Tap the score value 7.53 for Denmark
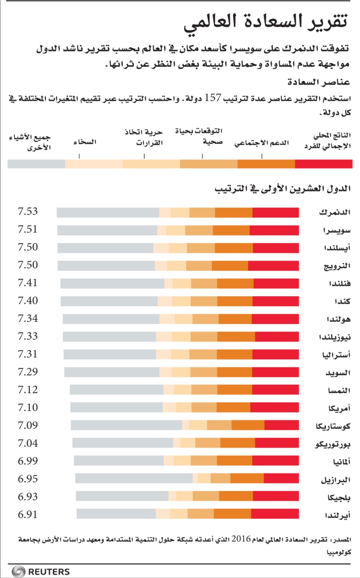27,212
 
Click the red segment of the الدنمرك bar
275,212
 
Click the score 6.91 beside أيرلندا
27,515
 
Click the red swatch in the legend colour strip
323,163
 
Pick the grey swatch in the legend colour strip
36,163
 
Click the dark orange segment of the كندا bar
235,301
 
